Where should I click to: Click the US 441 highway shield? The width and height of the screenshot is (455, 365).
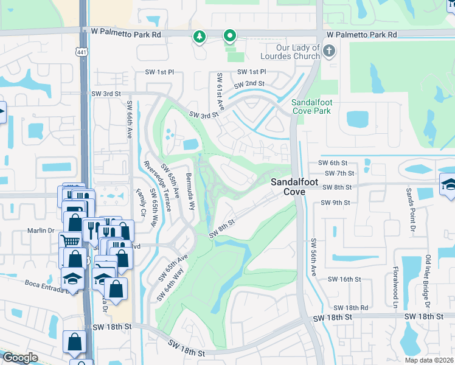(82, 52)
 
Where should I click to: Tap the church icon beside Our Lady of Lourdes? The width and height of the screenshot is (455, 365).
(329, 50)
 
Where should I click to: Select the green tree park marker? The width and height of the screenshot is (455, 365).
(200, 38)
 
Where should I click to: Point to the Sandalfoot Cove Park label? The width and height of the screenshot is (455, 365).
(314, 106)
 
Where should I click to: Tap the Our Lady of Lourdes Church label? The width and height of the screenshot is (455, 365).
(290, 52)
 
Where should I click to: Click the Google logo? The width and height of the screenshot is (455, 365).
(20, 358)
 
